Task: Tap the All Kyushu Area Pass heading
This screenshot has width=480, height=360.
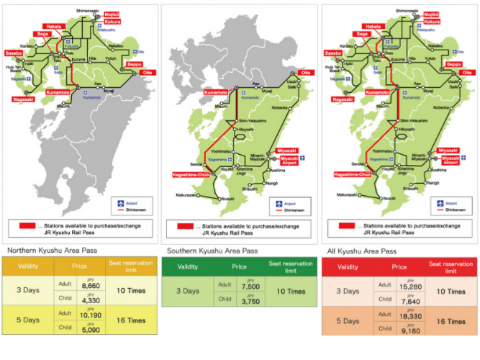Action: tap(362, 251)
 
